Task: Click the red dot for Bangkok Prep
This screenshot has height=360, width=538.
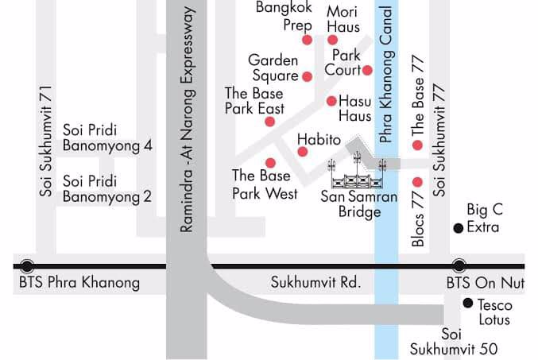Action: (307, 40)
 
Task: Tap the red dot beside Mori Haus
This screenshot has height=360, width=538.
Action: (332, 40)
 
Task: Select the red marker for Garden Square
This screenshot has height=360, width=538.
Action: (307, 76)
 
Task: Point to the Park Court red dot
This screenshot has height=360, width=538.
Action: (367, 70)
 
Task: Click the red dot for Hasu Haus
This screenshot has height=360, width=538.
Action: (331, 101)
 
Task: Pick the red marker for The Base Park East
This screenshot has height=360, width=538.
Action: (270, 122)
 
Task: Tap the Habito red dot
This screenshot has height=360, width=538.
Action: (302, 151)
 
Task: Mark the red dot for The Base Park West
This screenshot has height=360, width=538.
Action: (270, 163)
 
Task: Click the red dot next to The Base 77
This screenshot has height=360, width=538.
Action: (417, 145)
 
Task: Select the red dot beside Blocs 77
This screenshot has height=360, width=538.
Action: (417, 182)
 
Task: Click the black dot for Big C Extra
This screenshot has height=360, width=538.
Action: (458, 229)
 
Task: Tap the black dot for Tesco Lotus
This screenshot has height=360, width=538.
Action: (468, 303)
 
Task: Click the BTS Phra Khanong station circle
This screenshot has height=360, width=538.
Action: (28, 266)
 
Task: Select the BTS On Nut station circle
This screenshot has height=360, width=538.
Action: (459, 266)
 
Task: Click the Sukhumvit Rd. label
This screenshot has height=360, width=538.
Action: (315, 282)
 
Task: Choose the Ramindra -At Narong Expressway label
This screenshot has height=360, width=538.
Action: (188, 119)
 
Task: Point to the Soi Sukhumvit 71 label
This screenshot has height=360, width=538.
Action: (45, 140)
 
